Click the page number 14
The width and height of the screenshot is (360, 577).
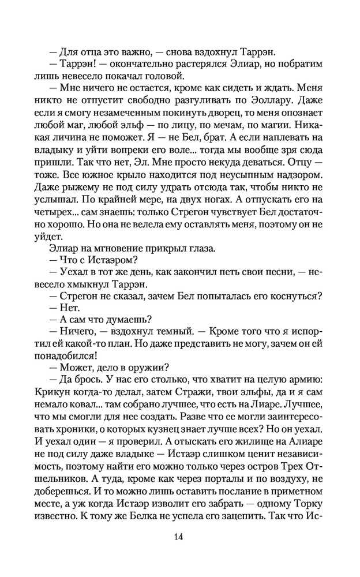(x=178, y=537)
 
